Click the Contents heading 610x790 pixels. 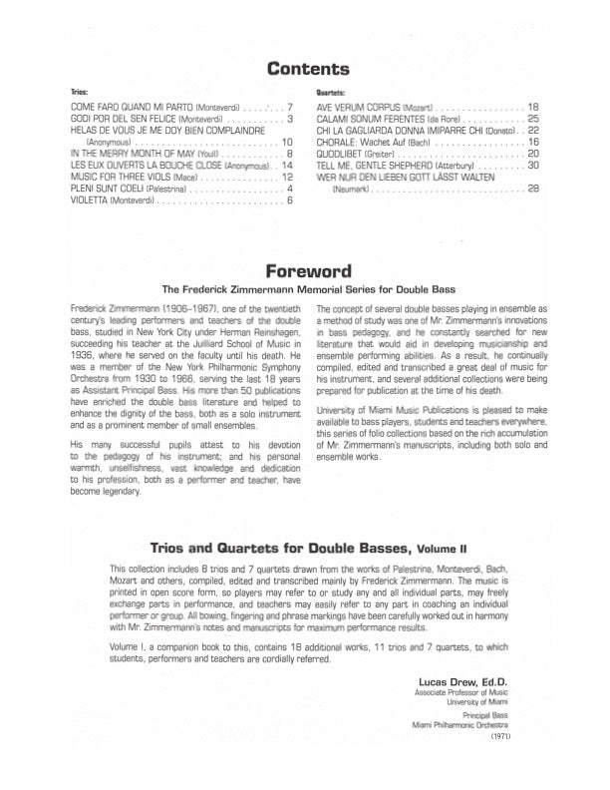[x=306, y=69]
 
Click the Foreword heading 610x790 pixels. [x=306, y=270]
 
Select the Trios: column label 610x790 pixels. [x=81, y=90]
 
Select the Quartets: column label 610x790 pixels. [x=329, y=90]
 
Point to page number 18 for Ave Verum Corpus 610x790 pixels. [x=532, y=106]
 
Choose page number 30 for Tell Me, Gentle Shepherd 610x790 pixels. [x=532, y=166]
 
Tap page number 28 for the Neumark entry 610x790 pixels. [x=532, y=189]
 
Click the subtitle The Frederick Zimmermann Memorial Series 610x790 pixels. [x=306, y=290]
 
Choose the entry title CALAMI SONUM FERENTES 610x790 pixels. [x=369, y=118]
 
